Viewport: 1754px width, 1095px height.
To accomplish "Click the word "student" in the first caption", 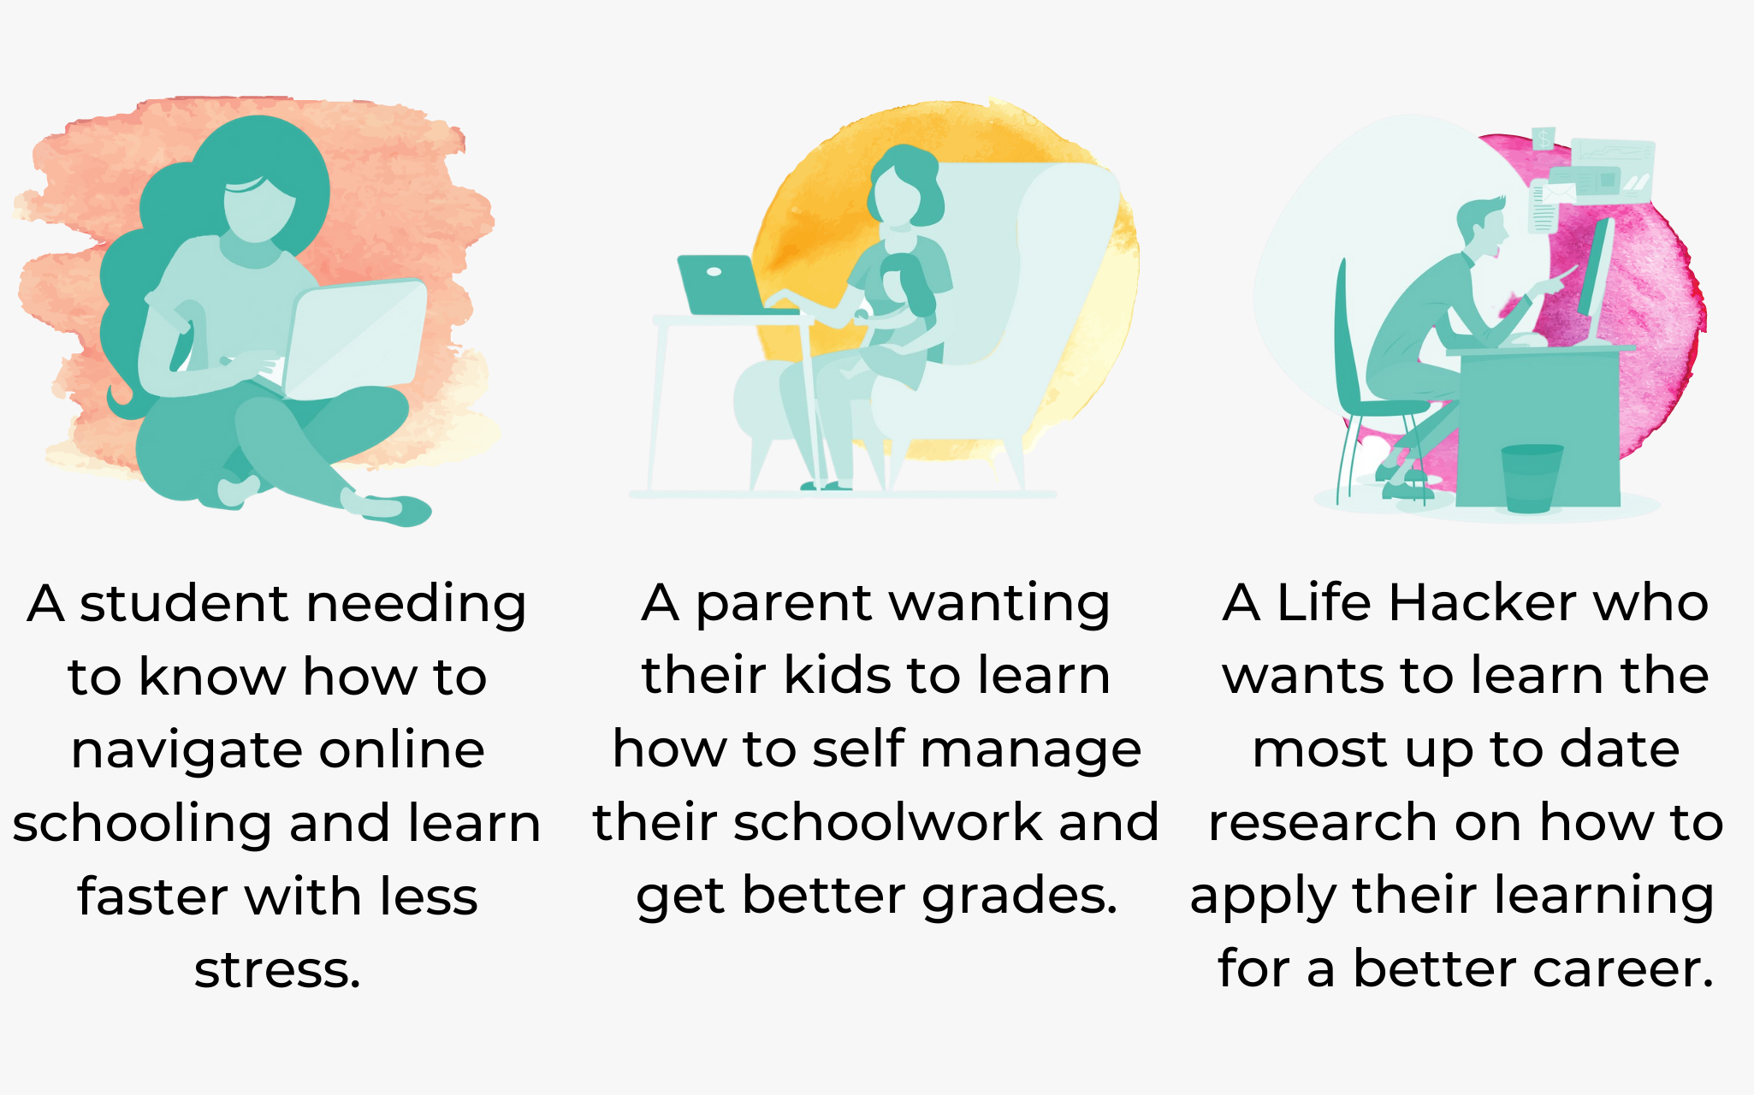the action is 183,603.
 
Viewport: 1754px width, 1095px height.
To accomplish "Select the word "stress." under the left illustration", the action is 277,970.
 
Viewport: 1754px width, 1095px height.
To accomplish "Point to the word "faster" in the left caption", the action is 154,897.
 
